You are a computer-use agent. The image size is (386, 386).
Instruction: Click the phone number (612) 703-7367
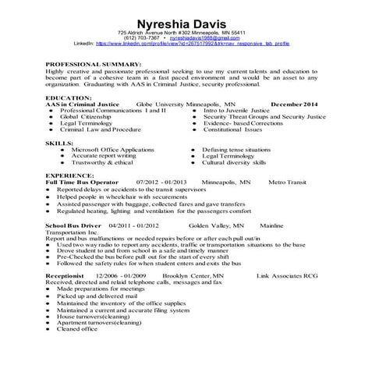click(140, 37)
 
